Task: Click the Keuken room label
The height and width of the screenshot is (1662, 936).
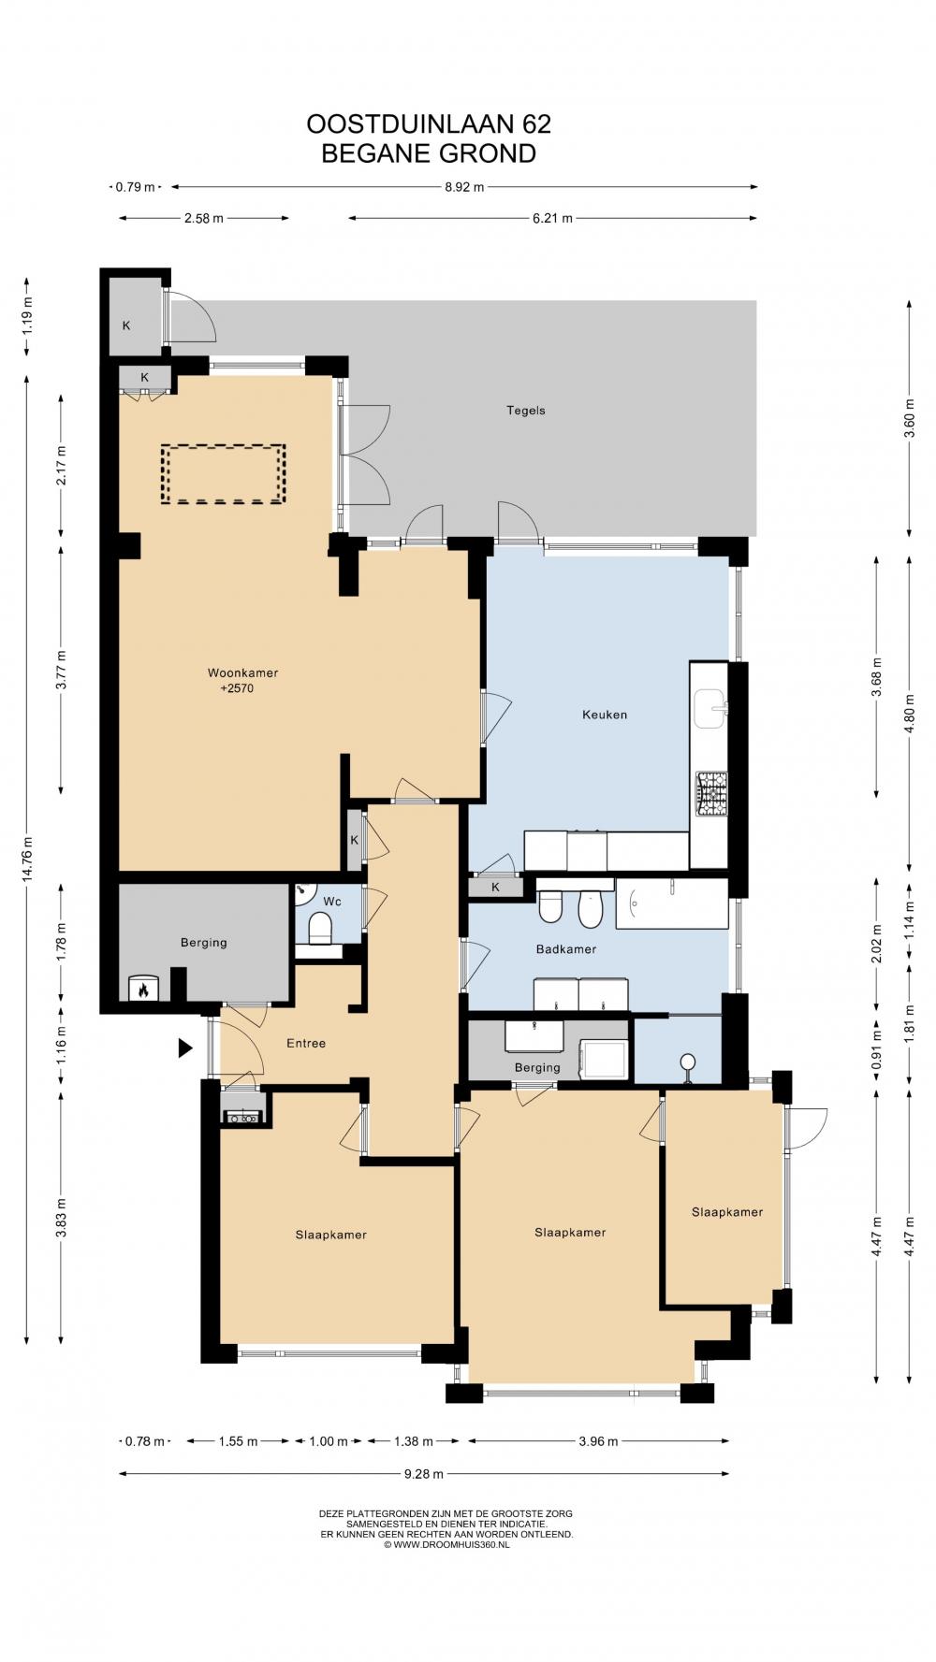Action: (604, 715)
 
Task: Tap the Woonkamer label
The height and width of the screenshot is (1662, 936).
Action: (242, 672)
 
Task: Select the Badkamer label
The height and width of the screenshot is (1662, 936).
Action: (565, 949)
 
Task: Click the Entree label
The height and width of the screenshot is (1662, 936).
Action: (306, 1043)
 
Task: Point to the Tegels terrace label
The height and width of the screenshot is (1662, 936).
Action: (525, 411)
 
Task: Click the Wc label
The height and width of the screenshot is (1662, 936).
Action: (331, 902)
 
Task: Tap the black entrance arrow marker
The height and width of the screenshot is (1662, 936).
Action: (185, 1048)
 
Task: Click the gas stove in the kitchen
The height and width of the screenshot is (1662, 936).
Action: (710, 793)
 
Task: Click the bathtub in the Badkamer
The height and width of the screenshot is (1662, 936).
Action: (671, 903)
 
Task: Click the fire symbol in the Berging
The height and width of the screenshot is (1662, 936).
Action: (143, 989)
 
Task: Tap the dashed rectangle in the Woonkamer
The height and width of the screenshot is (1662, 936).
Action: (223, 474)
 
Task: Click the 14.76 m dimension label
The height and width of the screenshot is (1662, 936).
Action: (27, 856)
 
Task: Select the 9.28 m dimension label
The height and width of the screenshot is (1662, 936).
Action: (424, 1474)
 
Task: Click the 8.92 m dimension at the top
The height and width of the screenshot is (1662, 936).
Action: (463, 187)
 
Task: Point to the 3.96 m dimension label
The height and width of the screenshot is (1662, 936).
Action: (598, 1441)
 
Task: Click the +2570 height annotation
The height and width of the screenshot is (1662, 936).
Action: (237, 689)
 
